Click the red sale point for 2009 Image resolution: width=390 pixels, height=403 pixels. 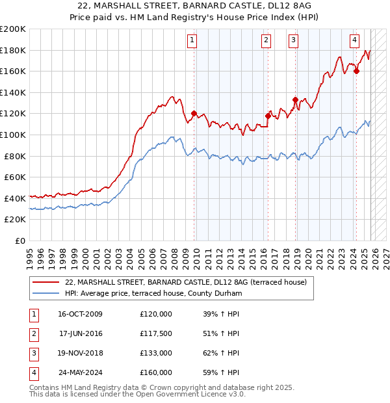tap(194, 113)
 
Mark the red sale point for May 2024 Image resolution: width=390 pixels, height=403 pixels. tap(356, 71)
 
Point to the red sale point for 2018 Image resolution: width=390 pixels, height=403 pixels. tap(295, 99)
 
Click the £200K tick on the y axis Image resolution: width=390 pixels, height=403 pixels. tap(13, 29)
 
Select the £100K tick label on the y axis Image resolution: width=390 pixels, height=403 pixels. tap(13, 135)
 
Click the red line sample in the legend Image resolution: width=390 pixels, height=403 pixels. tap(45, 282)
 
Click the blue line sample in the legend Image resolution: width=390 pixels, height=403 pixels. tap(45, 294)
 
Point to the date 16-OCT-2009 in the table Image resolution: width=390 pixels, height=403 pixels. tap(80, 314)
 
